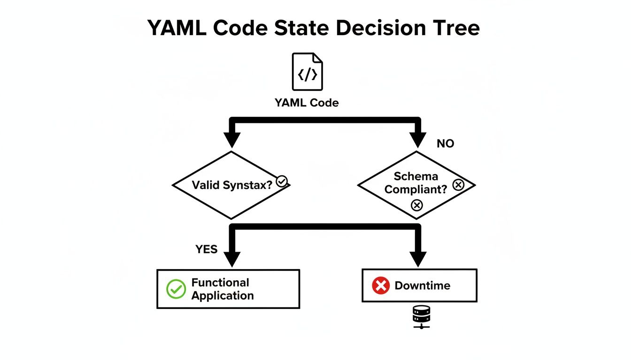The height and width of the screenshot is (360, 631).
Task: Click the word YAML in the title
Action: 177,28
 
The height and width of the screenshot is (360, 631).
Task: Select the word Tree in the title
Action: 454,28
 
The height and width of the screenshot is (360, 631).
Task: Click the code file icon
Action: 308,72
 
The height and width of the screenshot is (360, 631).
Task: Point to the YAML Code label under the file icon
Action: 307,103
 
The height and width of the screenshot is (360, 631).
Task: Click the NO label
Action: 445,143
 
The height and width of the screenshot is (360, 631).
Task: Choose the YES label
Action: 207,249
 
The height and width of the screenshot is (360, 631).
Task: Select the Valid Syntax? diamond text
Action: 232,185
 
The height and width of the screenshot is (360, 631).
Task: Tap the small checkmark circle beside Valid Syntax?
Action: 282,181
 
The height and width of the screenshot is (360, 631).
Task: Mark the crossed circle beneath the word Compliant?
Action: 416,205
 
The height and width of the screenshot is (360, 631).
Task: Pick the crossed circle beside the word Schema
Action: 458,185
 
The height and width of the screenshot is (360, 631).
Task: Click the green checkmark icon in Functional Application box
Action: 176,289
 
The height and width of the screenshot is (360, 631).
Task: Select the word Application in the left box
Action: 223,296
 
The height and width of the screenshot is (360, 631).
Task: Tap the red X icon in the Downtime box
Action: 381,285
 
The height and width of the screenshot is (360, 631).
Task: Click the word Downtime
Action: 422,285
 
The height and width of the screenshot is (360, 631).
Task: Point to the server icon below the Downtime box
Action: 421,316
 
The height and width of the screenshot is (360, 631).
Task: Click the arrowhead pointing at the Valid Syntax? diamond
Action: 231,139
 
